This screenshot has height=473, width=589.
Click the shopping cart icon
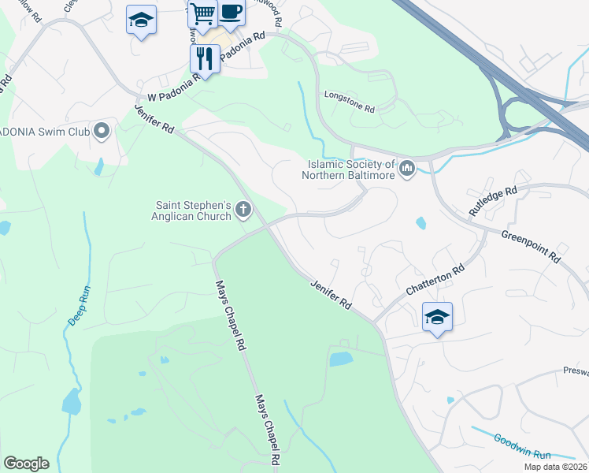[x=202, y=13]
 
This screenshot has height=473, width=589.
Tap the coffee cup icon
[x=231, y=11]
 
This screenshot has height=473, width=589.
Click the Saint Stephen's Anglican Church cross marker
[x=243, y=210]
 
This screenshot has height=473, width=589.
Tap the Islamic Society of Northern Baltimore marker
[x=407, y=168]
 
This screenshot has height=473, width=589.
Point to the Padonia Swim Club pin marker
[x=101, y=131]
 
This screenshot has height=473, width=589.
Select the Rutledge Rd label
[x=493, y=203]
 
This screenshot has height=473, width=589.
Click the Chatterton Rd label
[x=435, y=280]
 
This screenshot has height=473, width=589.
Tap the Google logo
[x=26, y=464]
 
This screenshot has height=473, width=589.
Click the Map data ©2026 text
[x=555, y=467]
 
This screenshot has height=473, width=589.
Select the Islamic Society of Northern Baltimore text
[x=350, y=169]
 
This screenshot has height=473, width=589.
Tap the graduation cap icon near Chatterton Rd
[x=437, y=316]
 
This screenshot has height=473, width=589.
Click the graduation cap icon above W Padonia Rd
[x=141, y=20]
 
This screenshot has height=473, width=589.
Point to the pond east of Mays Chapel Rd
[x=341, y=359]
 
